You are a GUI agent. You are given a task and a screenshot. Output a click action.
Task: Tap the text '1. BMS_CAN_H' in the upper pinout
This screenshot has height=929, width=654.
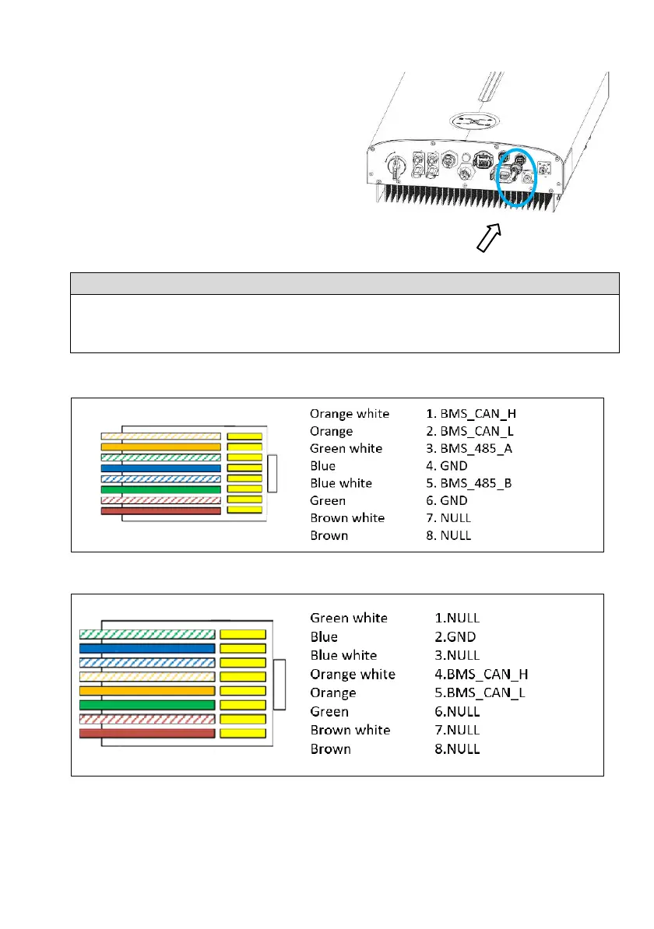(466, 414)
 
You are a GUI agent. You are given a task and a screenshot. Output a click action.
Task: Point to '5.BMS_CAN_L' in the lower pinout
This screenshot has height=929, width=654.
(480, 692)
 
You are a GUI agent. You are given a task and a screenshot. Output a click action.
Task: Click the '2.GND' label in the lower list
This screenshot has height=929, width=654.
(457, 636)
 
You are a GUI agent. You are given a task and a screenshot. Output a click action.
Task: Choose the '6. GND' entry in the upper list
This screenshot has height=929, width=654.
(445, 500)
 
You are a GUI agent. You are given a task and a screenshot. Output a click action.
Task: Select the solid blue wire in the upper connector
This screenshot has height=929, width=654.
(160, 468)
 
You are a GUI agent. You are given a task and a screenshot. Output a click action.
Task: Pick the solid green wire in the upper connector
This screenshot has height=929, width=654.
(160, 489)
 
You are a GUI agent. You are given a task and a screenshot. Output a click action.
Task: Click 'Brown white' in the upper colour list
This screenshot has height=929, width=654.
(346, 518)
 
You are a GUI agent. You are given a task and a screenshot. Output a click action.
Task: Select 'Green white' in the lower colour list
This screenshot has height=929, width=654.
(348, 618)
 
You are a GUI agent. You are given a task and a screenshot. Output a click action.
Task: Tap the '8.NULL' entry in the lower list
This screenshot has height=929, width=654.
(457, 748)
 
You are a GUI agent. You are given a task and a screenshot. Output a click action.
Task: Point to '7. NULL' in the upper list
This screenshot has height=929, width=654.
(445, 518)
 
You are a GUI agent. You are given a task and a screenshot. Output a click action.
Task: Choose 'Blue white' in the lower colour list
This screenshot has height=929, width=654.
(343, 655)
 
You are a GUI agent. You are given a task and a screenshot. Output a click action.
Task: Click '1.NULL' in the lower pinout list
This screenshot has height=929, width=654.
(457, 618)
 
